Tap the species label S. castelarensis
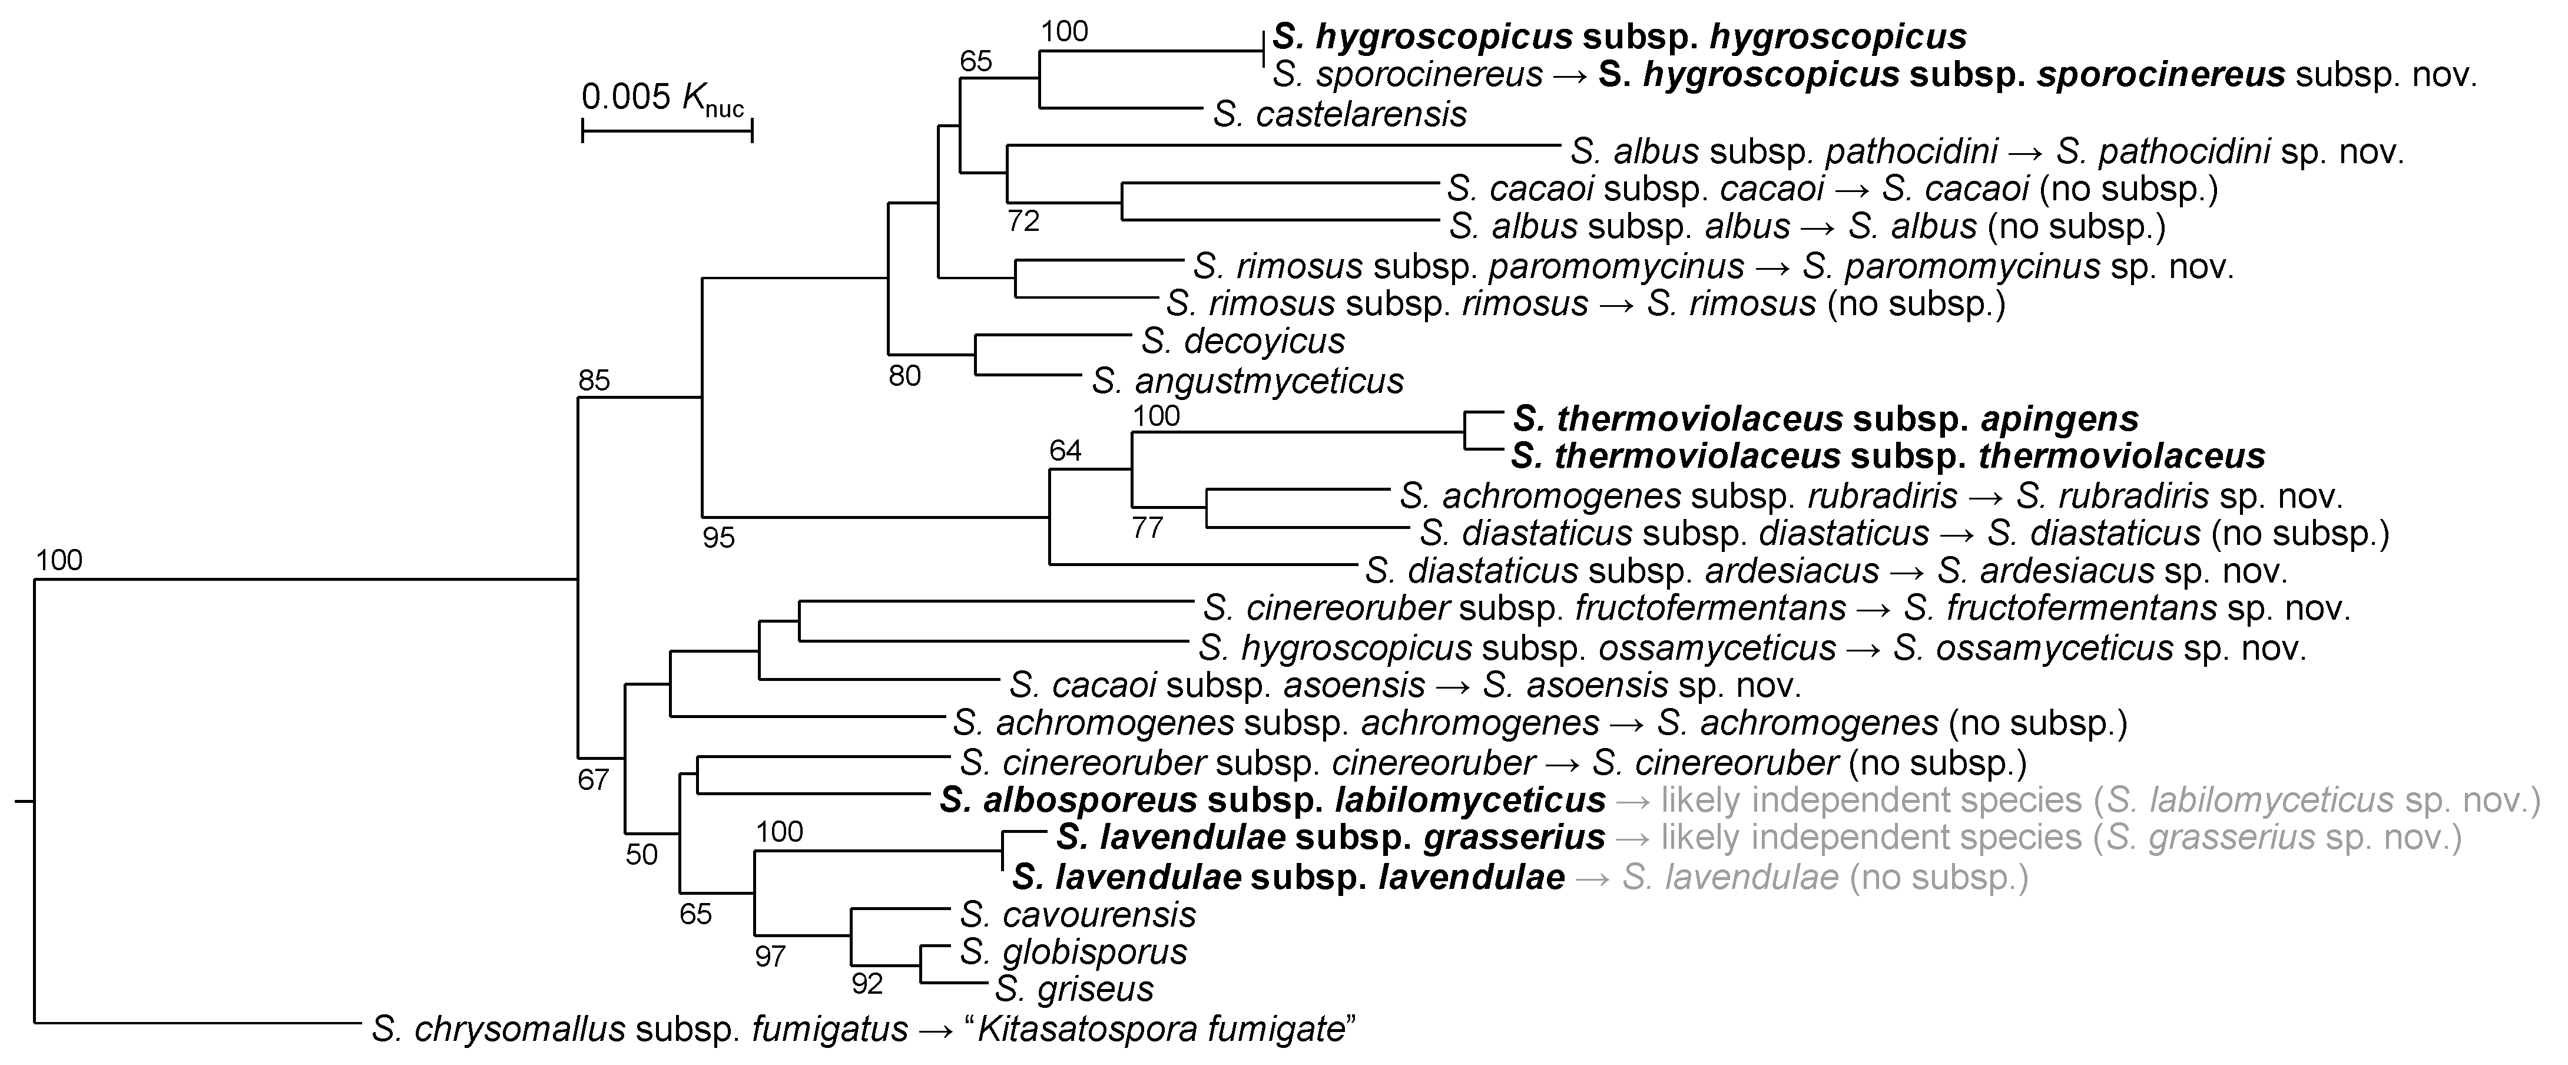[1340, 115]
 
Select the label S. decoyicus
[1243, 341]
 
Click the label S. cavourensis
[1078, 914]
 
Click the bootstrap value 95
[718, 538]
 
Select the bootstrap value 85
[594, 380]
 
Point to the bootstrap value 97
[770, 957]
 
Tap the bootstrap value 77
[1148, 528]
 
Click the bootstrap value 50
[642, 855]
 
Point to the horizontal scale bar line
[667, 130]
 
